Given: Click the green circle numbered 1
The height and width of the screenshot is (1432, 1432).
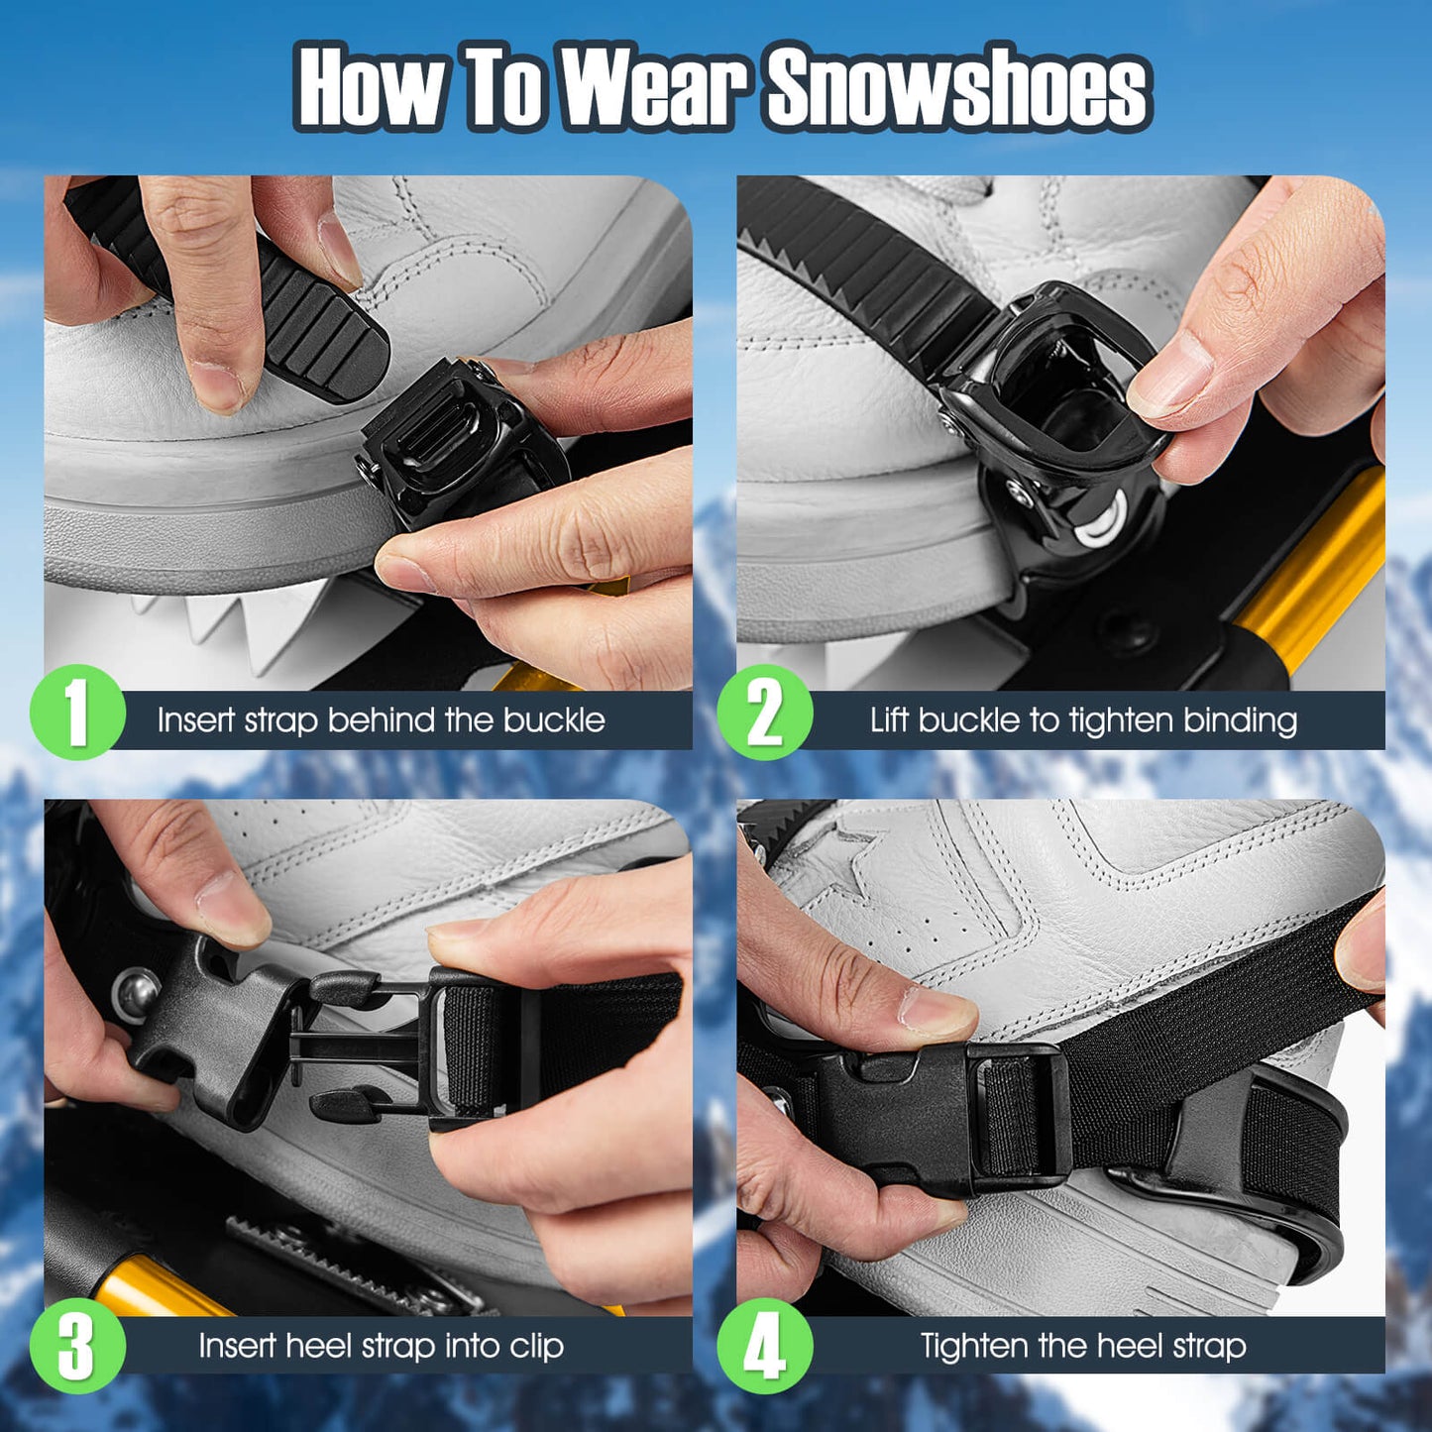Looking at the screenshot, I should click(77, 713).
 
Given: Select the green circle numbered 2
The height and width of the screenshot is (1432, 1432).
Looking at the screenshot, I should click(764, 713).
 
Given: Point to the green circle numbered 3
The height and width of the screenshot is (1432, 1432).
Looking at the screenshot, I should click(77, 1346).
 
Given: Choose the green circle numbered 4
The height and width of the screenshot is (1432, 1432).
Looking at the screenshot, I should click(764, 1346).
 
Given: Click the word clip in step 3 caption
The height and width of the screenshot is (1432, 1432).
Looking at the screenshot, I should click(536, 1346).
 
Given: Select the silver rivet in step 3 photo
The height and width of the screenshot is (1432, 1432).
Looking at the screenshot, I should click(136, 991).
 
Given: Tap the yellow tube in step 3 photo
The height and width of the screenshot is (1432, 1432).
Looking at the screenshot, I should click(149, 1288).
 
